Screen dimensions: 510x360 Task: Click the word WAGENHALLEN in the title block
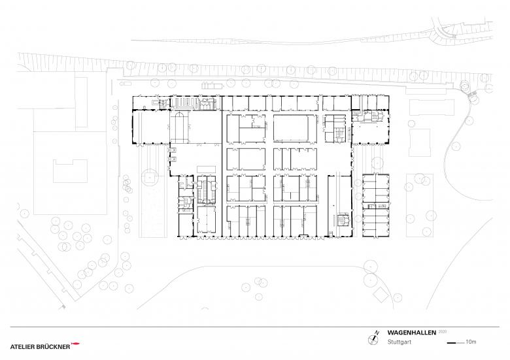411,333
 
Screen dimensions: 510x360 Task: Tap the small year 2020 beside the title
443,332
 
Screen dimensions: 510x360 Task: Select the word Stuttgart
399,342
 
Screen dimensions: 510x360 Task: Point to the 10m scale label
471,342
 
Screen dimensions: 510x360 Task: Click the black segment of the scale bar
451,343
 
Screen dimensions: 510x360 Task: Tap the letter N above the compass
377,333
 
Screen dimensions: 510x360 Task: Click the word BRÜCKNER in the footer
52,347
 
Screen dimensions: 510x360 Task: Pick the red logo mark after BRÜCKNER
75,344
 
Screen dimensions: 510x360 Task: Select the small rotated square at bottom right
381,295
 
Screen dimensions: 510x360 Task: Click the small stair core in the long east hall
344,220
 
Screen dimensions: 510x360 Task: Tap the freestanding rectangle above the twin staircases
206,169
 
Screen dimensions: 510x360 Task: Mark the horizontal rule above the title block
255,327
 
